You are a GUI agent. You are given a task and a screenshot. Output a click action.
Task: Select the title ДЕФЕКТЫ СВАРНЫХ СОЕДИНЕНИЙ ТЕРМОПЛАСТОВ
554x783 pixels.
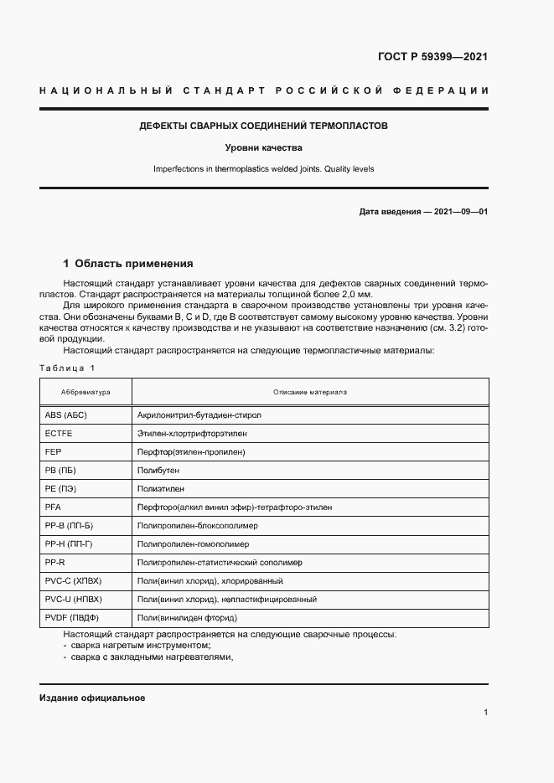point(263,126)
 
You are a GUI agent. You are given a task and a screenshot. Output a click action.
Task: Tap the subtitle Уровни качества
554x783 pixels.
point(263,147)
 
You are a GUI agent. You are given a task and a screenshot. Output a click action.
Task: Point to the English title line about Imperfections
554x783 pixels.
point(263,168)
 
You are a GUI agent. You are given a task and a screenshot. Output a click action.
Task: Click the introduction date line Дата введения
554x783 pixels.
point(423,212)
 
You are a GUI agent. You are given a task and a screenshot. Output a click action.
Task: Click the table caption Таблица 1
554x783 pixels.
point(68,368)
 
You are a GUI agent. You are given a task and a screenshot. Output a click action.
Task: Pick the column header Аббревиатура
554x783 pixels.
point(85,392)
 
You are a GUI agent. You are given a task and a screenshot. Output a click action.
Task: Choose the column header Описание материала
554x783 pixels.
point(310,392)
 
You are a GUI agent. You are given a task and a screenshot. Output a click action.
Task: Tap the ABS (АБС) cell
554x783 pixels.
point(66,415)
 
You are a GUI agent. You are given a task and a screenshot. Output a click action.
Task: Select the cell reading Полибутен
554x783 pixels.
point(158,471)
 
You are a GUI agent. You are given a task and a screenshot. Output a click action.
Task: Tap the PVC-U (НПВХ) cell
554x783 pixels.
point(72,600)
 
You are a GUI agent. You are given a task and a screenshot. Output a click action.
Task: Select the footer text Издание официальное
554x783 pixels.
point(92,698)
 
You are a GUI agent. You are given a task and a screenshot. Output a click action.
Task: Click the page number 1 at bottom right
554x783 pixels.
point(486,713)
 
